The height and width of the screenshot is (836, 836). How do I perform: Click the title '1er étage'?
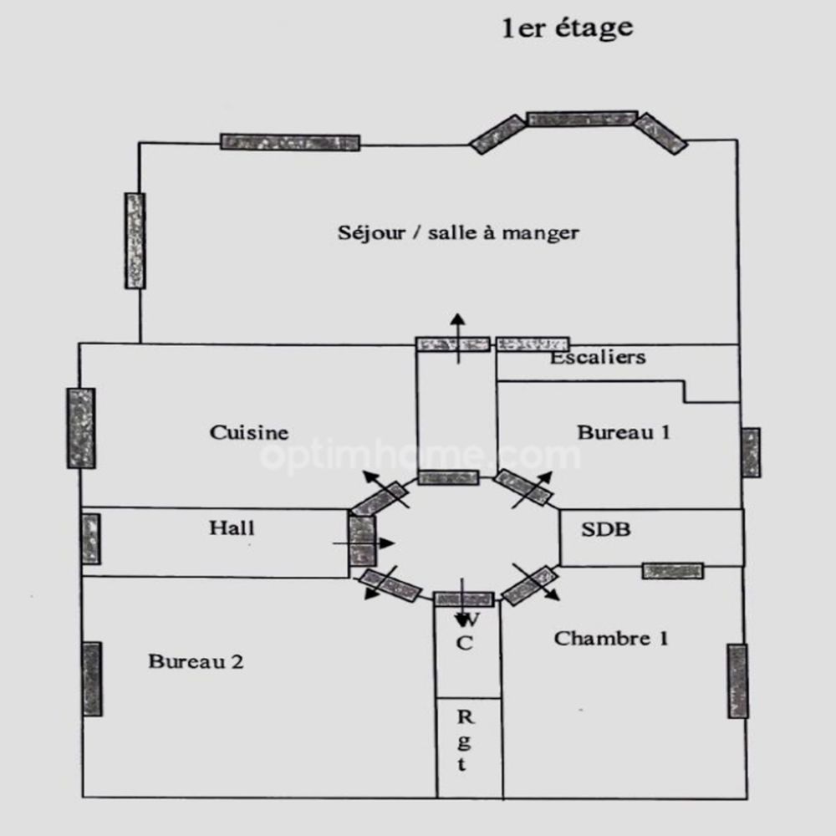(x=567, y=29)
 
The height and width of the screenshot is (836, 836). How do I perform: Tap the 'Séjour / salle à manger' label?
(x=458, y=232)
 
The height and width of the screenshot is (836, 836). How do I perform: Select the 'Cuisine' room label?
(x=249, y=432)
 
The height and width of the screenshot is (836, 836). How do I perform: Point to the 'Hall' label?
(x=232, y=528)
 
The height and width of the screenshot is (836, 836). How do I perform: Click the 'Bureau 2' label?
(x=196, y=662)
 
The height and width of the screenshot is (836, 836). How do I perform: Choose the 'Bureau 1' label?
(x=624, y=432)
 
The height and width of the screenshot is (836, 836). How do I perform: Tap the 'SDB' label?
(x=606, y=529)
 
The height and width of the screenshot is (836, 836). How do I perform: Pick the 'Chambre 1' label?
(x=611, y=640)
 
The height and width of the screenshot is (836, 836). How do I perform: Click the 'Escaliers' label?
(x=598, y=358)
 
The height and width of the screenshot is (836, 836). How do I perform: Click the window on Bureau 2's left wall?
(x=93, y=679)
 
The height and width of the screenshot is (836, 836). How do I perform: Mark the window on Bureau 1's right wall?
(x=751, y=452)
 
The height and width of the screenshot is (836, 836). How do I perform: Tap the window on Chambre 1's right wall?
(x=737, y=681)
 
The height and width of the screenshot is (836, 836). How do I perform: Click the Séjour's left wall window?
(x=135, y=241)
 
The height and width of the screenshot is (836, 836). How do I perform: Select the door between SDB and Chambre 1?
(x=672, y=571)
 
